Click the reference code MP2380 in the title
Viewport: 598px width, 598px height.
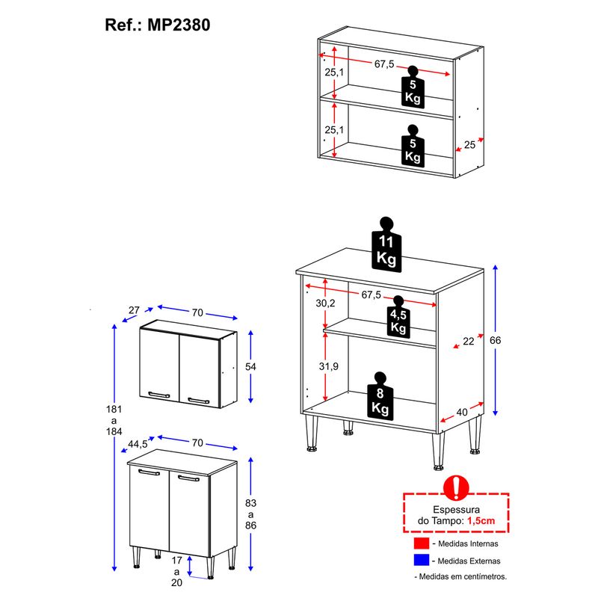(179, 25)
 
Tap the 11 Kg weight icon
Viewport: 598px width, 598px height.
(386, 245)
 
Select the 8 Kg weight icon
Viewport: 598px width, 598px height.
(380, 396)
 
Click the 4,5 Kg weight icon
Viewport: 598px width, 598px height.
(398, 317)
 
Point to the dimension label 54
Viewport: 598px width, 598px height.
(250, 367)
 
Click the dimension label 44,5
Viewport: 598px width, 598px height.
(138, 444)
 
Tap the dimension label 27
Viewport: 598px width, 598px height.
(134, 310)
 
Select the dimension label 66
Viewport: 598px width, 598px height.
(495, 340)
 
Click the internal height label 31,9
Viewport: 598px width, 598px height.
(328, 366)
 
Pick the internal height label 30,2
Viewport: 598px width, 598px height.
(325, 303)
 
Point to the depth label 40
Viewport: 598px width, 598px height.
(462, 413)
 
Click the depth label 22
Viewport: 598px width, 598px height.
(469, 342)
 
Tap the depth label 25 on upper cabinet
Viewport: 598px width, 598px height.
(470, 145)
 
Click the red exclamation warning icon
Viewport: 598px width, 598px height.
(456, 488)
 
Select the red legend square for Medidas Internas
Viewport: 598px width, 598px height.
(422, 543)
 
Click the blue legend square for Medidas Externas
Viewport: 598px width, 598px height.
(422, 560)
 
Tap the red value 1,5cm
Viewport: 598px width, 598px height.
(481, 521)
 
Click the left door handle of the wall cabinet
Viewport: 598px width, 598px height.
(159, 395)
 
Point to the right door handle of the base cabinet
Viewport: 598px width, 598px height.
(189, 478)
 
